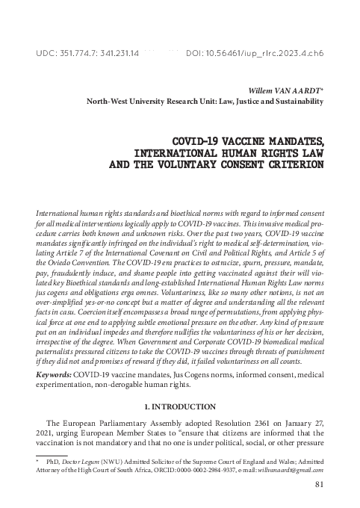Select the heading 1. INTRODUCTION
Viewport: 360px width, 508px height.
click(x=180, y=407)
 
